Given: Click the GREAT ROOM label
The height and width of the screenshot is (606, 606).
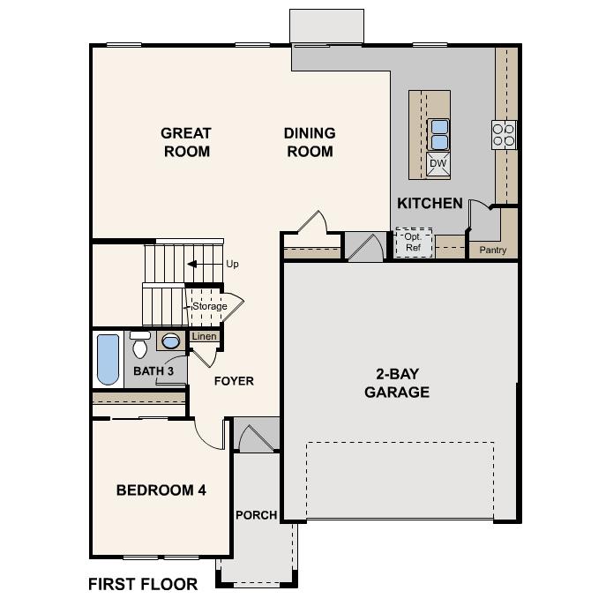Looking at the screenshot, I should [185, 142].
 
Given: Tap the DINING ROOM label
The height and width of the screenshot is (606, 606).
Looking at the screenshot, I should [309, 142].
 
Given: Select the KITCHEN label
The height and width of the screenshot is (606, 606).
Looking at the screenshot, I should [430, 204].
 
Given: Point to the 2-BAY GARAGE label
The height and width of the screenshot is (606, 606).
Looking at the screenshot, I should [397, 383].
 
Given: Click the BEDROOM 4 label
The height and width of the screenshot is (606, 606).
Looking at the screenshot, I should [161, 490].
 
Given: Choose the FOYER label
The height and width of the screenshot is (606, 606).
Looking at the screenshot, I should [234, 381].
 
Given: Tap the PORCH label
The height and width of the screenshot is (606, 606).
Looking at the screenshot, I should [256, 515].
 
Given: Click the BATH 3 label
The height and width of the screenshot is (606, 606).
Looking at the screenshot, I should [153, 371].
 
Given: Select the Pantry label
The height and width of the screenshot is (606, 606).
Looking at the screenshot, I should [492, 251].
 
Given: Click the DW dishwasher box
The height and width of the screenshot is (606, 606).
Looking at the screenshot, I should [438, 163].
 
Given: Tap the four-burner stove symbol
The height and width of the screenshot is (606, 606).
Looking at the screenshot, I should [504, 134].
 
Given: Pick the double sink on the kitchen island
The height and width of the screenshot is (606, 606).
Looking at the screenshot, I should [438, 134].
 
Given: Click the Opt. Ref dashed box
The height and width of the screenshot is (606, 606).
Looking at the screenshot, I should [413, 243].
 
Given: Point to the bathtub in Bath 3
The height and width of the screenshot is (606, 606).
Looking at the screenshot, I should [108, 360].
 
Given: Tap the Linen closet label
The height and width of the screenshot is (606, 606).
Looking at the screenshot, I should [204, 337].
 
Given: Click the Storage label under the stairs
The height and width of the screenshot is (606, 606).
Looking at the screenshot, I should [209, 306].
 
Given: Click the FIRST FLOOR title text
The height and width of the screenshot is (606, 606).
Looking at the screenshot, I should [143, 584].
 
